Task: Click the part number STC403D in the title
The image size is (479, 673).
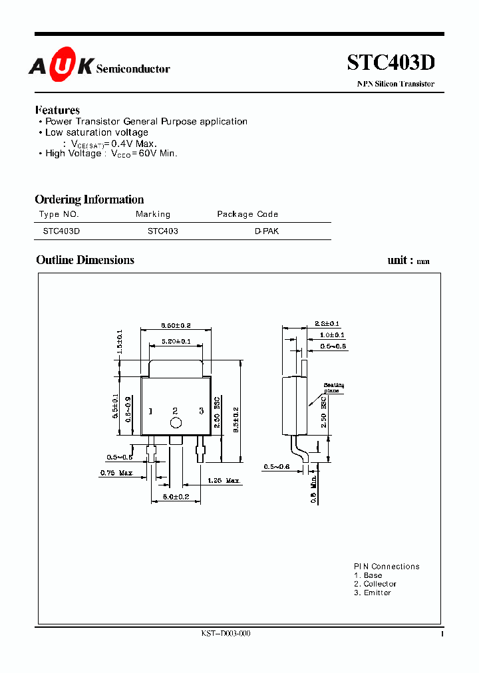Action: pos(391,63)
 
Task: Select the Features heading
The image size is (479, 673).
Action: pos(57,110)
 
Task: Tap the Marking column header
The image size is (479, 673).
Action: pos(153,214)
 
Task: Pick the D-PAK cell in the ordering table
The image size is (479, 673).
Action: pos(267,231)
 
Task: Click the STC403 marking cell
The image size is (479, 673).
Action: pos(162,231)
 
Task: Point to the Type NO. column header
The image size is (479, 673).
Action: pos(59,214)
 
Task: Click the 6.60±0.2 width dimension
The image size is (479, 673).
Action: pos(176,325)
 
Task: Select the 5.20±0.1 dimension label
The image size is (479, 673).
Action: pos(176,341)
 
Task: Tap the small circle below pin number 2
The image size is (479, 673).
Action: pos(176,423)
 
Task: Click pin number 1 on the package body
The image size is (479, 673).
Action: pos(150,412)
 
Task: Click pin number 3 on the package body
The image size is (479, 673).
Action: pos(201,412)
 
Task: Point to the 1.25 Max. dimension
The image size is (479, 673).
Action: pos(224,480)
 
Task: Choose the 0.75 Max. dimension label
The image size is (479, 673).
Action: pos(116,473)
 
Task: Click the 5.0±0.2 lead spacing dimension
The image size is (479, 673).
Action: pos(176,497)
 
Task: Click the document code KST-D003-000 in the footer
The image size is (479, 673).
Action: pos(226,633)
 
